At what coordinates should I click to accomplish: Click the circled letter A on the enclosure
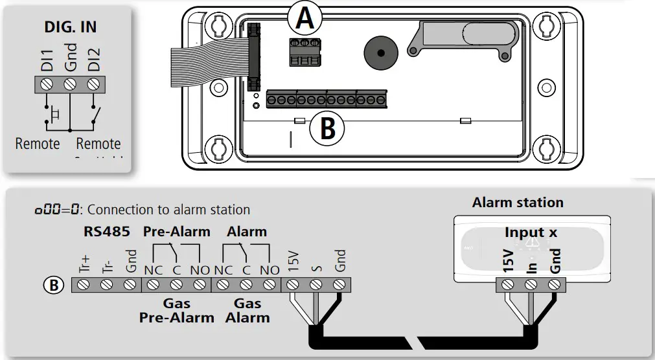pos(305,19)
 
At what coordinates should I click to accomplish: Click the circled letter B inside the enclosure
pos(328,129)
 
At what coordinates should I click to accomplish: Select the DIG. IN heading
pos(71,27)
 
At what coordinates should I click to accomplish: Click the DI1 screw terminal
pos(47,84)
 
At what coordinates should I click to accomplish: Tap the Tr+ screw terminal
pos(83,284)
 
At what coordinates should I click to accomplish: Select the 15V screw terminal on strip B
pos(293,284)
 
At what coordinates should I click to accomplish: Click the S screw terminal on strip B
pos(316,284)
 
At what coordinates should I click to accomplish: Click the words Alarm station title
pos(518,202)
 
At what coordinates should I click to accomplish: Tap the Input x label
pos(531,232)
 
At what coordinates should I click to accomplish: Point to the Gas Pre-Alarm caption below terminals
pos(176,311)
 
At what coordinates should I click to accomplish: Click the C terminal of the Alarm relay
pos(246,284)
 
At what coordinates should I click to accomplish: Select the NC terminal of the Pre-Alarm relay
pos(153,284)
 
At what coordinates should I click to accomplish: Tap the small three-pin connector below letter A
pos(304,51)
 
